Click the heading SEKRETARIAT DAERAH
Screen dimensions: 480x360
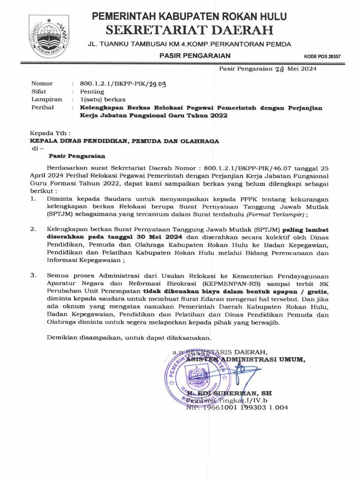189,31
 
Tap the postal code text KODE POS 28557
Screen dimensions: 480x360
322,56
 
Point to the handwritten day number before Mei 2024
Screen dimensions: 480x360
279,69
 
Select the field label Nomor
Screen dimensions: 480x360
42,83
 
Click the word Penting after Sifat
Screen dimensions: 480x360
89,91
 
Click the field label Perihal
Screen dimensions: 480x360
42,107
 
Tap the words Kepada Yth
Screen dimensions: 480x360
51,133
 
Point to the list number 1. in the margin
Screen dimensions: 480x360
33,199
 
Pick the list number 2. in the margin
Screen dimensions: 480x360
33,230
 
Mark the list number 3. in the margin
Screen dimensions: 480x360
33,276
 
